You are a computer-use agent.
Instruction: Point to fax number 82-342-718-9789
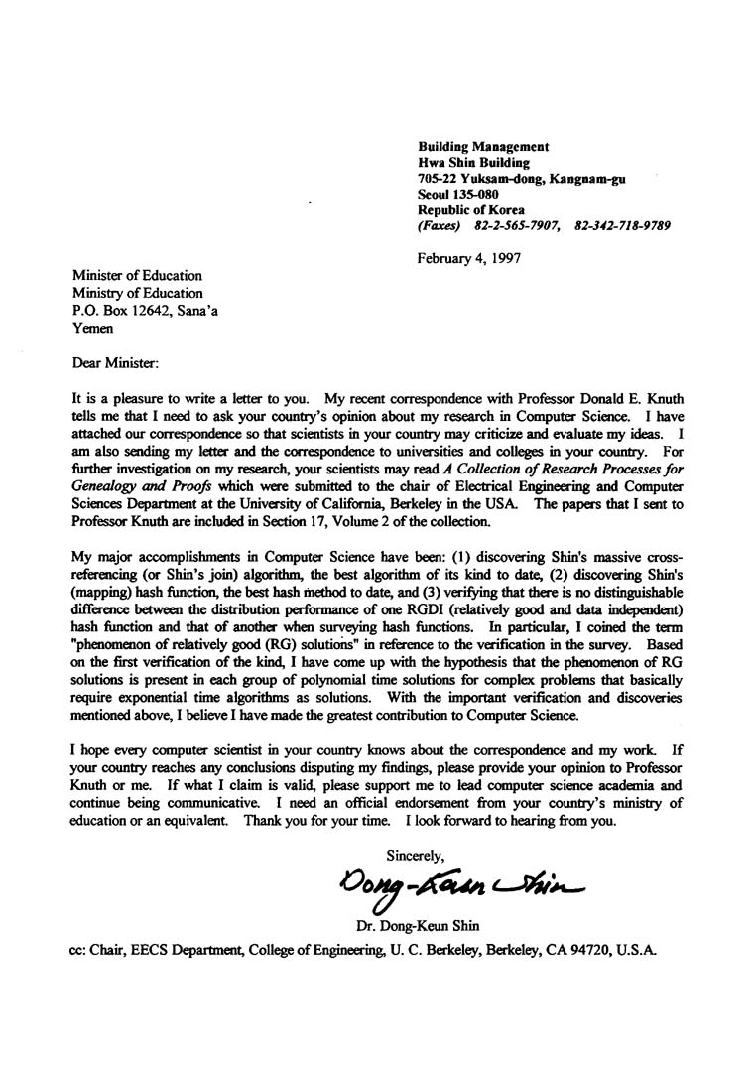tap(622, 225)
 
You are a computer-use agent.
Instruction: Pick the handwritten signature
tap(461, 878)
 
